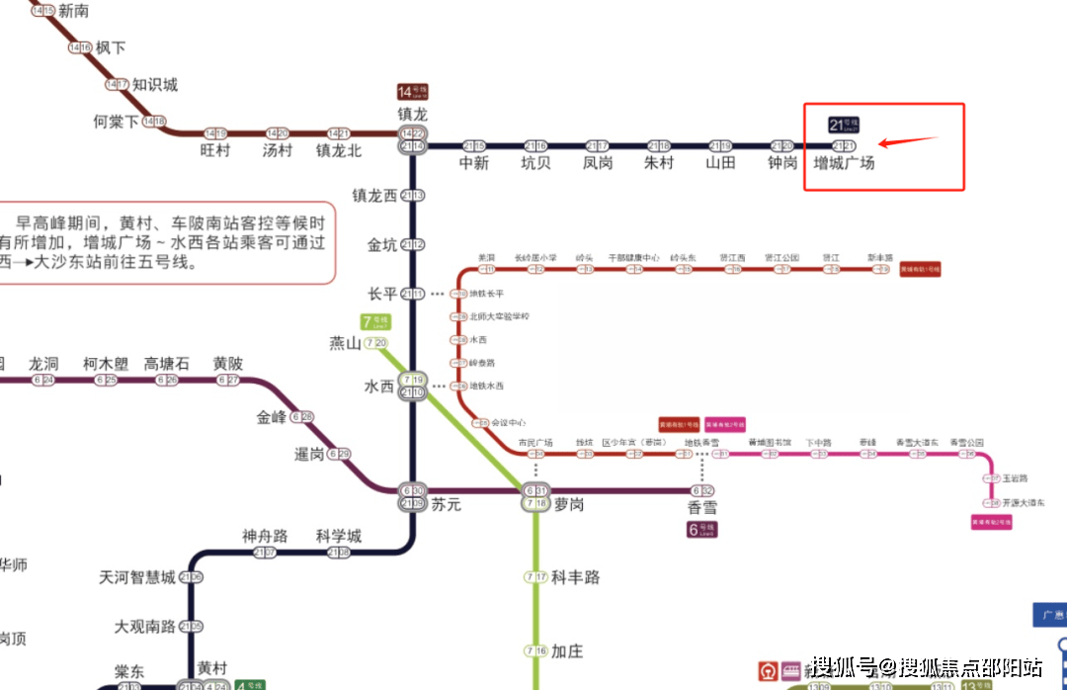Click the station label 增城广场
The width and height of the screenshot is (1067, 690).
click(843, 163)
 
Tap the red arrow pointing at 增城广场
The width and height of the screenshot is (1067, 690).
click(906, 140)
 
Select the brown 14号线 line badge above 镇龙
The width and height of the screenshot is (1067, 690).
click(412, 92)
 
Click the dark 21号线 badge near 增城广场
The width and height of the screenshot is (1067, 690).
click(843, 125)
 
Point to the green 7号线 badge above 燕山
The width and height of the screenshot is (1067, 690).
click(375, 321)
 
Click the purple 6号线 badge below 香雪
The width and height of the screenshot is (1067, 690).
click(701, 529)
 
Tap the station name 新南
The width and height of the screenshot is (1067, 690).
click(74, 11)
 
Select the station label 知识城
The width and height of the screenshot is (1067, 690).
click(155, 85)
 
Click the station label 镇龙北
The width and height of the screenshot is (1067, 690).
click(339, 150)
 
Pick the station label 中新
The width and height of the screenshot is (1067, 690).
click(474, 163)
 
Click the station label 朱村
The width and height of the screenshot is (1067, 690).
click(659, 163)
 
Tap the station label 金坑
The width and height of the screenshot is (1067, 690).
click(381, 244)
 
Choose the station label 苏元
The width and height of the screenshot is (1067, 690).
click(446, 504)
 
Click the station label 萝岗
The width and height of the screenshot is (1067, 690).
click(568, 504)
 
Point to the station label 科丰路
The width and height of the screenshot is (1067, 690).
click(575, 577)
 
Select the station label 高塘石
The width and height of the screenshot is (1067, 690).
click(167, 363)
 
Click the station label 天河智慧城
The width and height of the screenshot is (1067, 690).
click(137, 577)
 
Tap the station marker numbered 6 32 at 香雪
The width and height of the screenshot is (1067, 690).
click(702, 491)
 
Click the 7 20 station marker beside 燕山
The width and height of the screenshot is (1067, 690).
click(375, 343)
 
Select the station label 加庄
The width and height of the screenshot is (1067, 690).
click(567, 651)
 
